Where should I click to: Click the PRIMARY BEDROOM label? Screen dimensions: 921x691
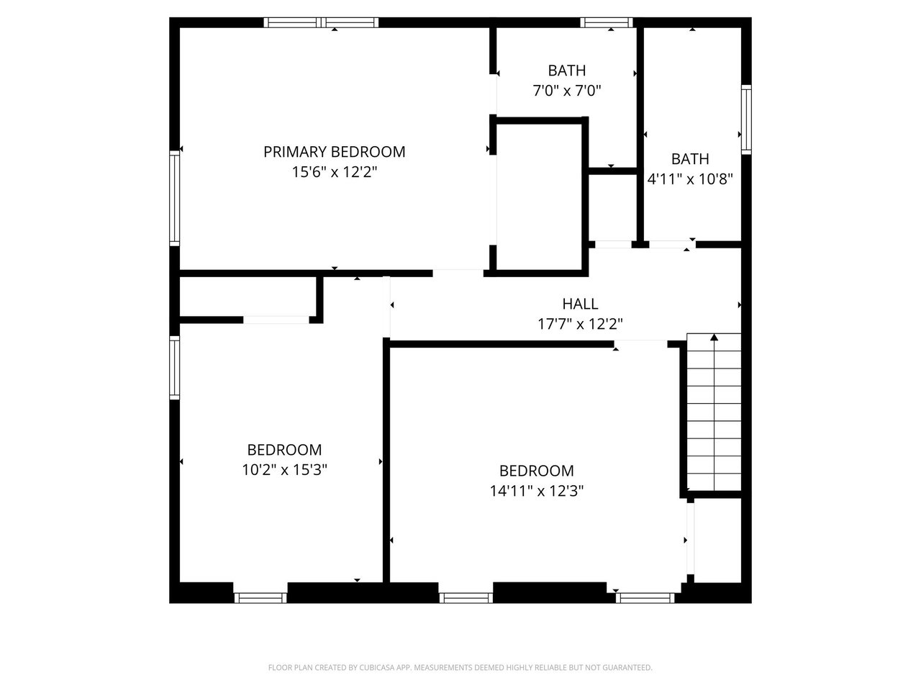click(x=334, y=152)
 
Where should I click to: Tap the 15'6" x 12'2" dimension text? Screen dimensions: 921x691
click(x=335, y=172)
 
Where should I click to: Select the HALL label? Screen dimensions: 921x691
click(x=580, y=304)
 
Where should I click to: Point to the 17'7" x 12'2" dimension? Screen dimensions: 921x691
click(x=580, y=324)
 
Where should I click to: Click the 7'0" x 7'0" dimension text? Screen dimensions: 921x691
click(x=567, y=91)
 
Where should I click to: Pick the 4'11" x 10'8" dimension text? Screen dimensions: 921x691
click(x=690, y=179)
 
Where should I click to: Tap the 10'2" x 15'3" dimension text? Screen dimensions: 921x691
click(x=284, y=470)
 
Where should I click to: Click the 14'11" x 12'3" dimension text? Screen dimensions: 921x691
click(x=537, y=491)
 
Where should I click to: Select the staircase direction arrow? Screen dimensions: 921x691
click(x=714, y=412)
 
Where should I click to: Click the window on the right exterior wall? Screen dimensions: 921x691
click(x=746, y=119)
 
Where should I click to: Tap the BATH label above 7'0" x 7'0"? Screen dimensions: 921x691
click(x=567, y=71)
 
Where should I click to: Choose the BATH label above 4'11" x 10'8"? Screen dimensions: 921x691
click(x=690, y=159)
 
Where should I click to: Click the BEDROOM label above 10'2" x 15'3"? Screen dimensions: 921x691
click(x=284, y=450)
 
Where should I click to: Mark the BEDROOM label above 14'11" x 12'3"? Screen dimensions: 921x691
click(x=537, y=471)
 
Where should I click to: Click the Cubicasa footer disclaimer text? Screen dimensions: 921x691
click(x=460, y=667)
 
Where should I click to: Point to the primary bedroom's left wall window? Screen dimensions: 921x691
click(x=175, y=198)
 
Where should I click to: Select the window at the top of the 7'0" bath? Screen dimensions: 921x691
click(x=607, y=22)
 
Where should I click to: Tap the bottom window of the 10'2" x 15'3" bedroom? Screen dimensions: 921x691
click(x=260, y=598)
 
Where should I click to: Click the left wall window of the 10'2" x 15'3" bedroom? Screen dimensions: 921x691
click(x=175, y=368)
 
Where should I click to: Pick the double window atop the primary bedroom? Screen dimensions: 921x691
click(x=321, y=22)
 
